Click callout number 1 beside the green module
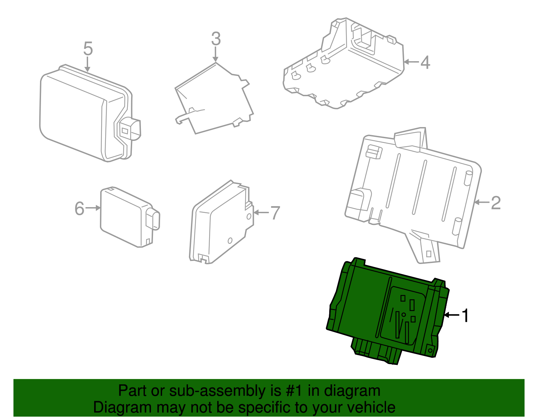465,316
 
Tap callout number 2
496,203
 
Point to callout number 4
425,63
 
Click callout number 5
88,49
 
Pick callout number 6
79,208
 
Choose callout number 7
275,213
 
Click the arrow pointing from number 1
451,315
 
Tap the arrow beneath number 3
216,54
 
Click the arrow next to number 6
93,208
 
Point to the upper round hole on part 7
249,217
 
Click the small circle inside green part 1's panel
404,315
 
